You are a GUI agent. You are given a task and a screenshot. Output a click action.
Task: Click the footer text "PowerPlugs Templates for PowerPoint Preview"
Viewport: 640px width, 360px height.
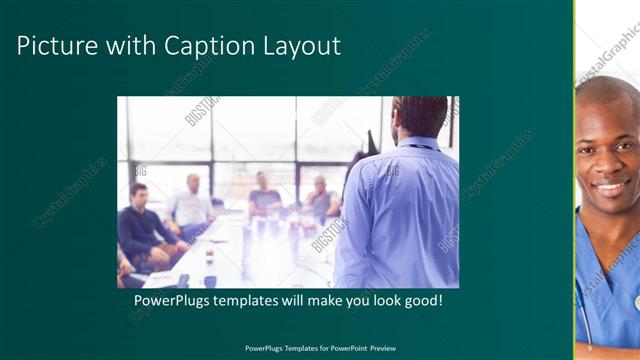click(x=319, y=347)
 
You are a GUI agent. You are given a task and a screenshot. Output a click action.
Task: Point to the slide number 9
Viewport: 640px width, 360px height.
click(x=590, y=347)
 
